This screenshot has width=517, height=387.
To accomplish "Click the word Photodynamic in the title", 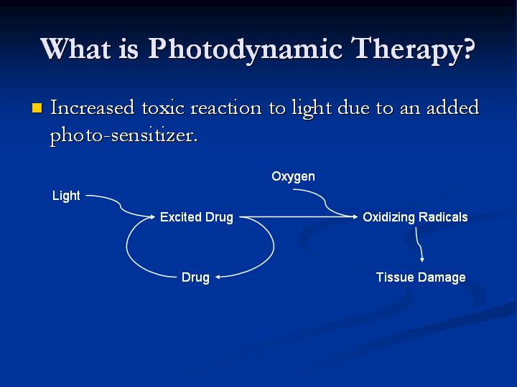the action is point(246,50).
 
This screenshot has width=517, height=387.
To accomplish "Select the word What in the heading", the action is point(75,49).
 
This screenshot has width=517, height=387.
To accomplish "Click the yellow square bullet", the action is point(37,108).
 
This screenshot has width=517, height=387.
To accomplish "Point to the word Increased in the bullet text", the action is point(93,107).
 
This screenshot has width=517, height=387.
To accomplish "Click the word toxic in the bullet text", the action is point(163,108).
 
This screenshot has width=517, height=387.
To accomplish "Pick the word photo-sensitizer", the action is point(124,135).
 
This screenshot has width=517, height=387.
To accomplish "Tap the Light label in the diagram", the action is point(66,196).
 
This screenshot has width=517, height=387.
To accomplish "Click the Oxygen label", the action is point(293,177).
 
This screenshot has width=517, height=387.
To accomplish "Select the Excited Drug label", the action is point(197,217).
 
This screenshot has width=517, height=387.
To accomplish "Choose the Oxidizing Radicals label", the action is point(415,217).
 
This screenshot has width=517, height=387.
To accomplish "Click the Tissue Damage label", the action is point(421,277).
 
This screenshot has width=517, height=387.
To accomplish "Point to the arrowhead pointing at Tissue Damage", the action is point(422,260).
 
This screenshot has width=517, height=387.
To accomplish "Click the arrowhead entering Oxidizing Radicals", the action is point(355,216).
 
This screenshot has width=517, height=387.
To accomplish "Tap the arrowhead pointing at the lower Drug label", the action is point(218,277).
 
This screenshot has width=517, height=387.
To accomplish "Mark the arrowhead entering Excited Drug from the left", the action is point(153,216).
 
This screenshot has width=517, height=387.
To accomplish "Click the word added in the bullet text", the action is point(452,107).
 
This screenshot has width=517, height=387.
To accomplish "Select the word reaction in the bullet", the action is point(226,108).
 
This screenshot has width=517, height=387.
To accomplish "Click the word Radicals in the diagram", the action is point(443,217).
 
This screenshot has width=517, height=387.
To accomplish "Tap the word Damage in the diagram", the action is point(442,277).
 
